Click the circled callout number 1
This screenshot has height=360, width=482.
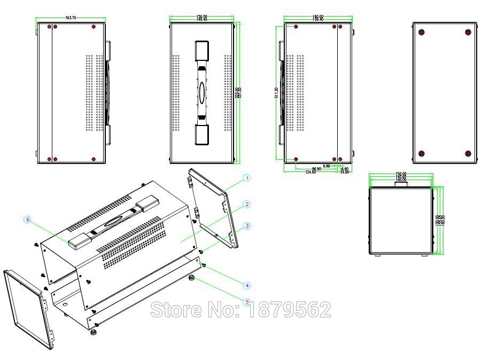pos(247,178)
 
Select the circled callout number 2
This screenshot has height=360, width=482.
pos(247,205)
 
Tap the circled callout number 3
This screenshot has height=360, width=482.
pos(247,226)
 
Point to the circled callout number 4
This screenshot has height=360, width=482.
pos(247,285)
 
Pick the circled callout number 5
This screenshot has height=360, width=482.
pos(247,302)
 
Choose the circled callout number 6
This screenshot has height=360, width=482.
pos(28,219)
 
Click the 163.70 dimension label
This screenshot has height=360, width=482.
pos(71,18)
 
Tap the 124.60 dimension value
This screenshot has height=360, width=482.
pos(313,172)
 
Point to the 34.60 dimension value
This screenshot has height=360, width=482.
pos(344,172)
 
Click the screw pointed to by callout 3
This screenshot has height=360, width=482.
pos(201,251)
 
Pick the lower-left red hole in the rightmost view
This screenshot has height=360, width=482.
pos(422,153)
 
